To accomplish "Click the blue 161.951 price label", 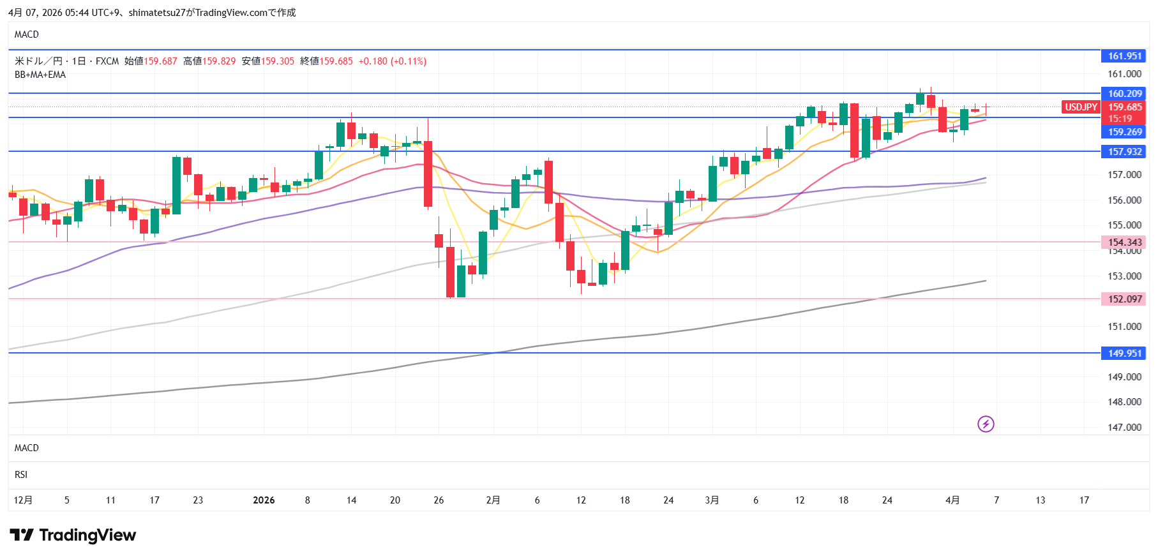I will [x=1124, y=56].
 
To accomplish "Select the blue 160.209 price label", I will [x=1124, y=94].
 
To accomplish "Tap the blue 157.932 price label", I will [x=1124, y=152].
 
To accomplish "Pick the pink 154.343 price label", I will [x=1124, y=242].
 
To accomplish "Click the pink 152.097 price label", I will [x=1124, y=299].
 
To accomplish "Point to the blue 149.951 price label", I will [x=1124, y=354].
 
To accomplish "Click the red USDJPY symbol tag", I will [x=1081, y=107].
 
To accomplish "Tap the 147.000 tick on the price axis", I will [x=1124, y=428].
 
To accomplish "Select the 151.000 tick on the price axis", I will [x=1124, y=327].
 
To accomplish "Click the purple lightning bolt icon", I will [x=986, y=424].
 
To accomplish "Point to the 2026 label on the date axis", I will [x=264, y=500].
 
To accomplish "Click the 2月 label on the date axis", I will [x=493, y=500].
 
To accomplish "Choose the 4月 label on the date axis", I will [x=952, y=500].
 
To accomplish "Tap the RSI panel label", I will [x=21, y=475].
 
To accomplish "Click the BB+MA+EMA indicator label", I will [x=40, y=75].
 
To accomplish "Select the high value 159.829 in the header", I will [x=219, y=61].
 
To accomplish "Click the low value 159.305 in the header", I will [x=278, y=61].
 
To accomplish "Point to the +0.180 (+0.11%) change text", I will [x=393, y=61].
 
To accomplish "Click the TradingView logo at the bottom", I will [x=73, y=535].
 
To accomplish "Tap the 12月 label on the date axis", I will [x=23, y=500].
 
